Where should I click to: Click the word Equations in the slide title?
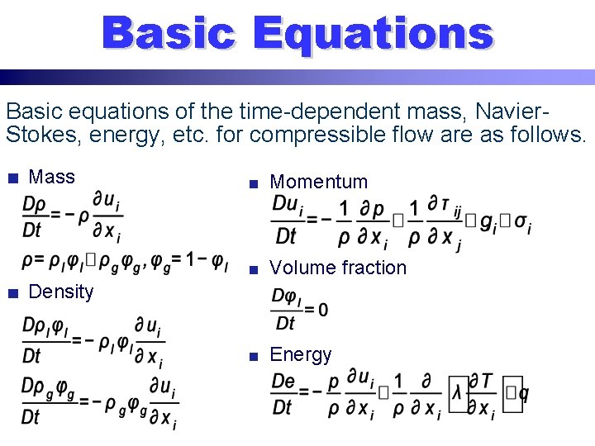pos(373,34)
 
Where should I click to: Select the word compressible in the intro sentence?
pos(312,133)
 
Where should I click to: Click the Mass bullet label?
pos(51,177)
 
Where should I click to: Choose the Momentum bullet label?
pos(318,182)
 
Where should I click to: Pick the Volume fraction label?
pos(338,268)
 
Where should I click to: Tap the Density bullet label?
pos(61,292)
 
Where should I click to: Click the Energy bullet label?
pos(301,354)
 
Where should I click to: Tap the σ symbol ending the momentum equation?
pos(521,221)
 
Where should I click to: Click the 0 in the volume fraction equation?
pos(322,310)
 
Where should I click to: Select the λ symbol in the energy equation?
pos(459,393)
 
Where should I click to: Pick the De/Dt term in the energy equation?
pos(283,394)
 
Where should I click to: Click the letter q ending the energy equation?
pos(522,394)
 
